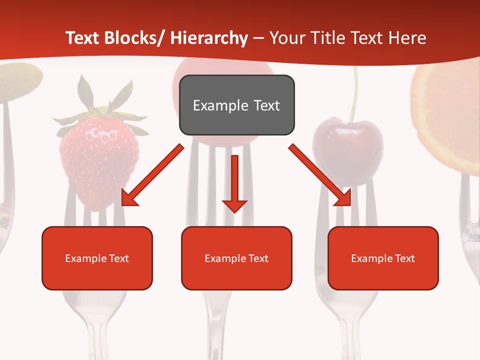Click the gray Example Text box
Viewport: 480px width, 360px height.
point(236,105)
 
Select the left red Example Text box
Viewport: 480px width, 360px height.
point(97,258)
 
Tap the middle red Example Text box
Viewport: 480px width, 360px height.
point(236,258)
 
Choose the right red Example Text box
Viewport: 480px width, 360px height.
point(383,258)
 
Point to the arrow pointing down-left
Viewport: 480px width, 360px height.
point(152,175)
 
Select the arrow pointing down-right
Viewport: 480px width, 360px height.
point(320,175)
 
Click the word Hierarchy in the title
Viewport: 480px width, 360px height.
point(209,38)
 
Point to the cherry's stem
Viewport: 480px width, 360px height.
point(355,95)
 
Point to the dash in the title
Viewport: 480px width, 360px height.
point(258,38)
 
